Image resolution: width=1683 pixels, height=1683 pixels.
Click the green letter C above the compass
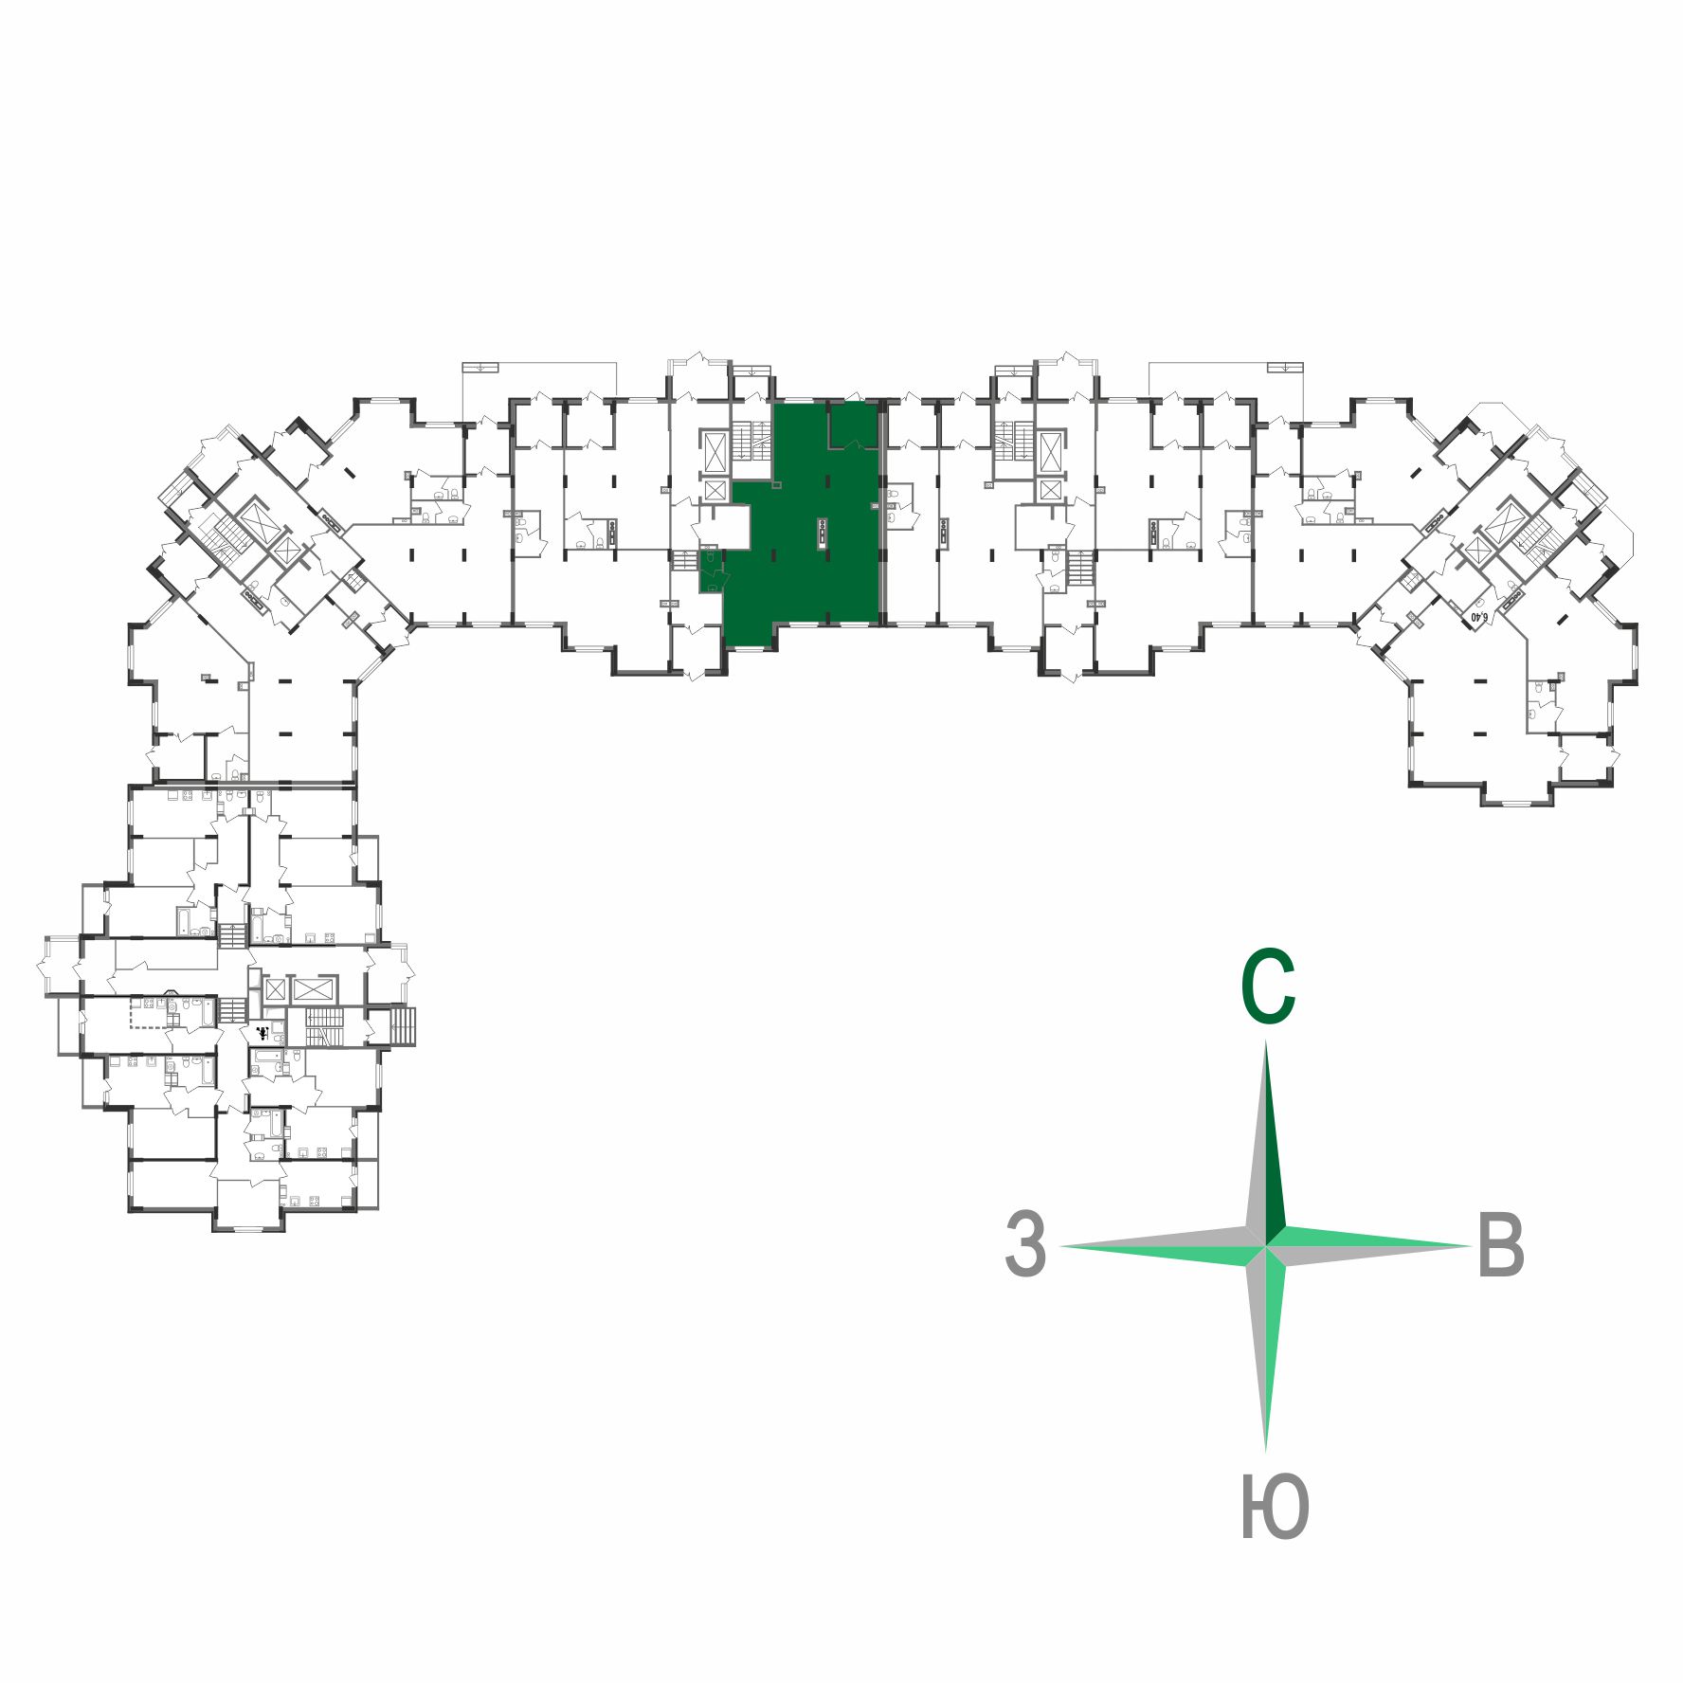pyautogui.click(x=1268, y=987)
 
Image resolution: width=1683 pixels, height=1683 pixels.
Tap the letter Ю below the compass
pyautogui.click(x=1275, y=1507)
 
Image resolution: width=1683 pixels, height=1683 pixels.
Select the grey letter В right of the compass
pyautogui.click(x=1500, y=1245)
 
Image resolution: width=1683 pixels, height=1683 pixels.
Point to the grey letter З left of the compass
pyautogui.click(x=1025, y=1244)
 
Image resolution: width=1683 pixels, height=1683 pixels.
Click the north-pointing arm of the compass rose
pyautogui.click(x=1266, y=1143)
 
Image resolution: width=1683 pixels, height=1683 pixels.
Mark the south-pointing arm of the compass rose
pyautogui.click(x=1266, y=1349)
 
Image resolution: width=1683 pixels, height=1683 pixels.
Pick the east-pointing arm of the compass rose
pyautogui.click(x=1368, y=1246)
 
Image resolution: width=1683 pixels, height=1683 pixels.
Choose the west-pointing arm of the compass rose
pyautogui.click(x=1163, y=1246)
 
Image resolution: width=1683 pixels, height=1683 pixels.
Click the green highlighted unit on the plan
pyautogui.click(x=805, y=531)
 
